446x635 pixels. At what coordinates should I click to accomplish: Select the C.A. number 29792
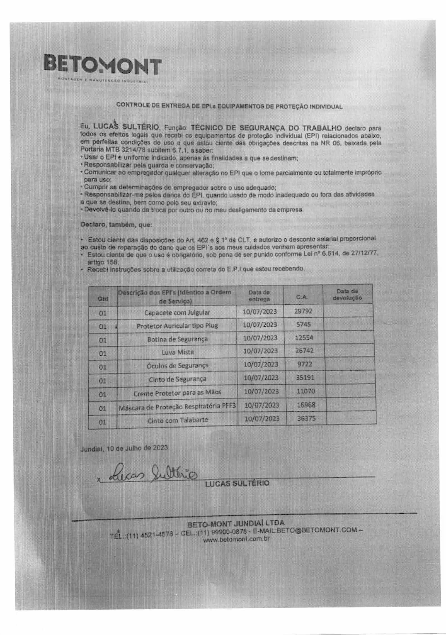(303, 311)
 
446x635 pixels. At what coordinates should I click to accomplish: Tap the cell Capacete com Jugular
(177, 312)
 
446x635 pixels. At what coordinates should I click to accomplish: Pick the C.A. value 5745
(304, 324)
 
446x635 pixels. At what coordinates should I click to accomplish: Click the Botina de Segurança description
(177, 339)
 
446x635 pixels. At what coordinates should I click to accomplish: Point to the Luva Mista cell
(178, 352)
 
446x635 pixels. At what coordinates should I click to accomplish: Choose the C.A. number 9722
(304, 364)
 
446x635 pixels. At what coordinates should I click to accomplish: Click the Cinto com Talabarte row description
(178, 420)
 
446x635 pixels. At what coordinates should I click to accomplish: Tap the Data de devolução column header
(347, 294)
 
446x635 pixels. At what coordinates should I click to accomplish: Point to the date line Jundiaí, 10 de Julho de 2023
(124, 448)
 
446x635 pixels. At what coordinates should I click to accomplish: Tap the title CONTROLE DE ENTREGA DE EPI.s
(229, 106)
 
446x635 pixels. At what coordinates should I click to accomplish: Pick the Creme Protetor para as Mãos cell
(177, 393)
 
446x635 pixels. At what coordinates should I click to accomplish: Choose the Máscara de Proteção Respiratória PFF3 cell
(177, 407)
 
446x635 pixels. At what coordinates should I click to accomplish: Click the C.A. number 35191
(305, 377)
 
